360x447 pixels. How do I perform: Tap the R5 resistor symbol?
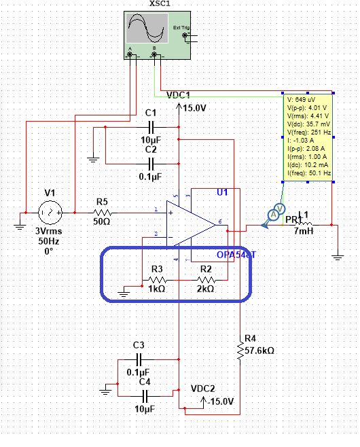coord(102,211)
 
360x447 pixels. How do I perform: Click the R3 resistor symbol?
coord(157,279)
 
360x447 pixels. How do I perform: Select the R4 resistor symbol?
coord(240,350)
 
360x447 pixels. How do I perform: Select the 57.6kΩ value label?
coord(259,351)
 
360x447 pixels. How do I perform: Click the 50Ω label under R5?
coord(102,221)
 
